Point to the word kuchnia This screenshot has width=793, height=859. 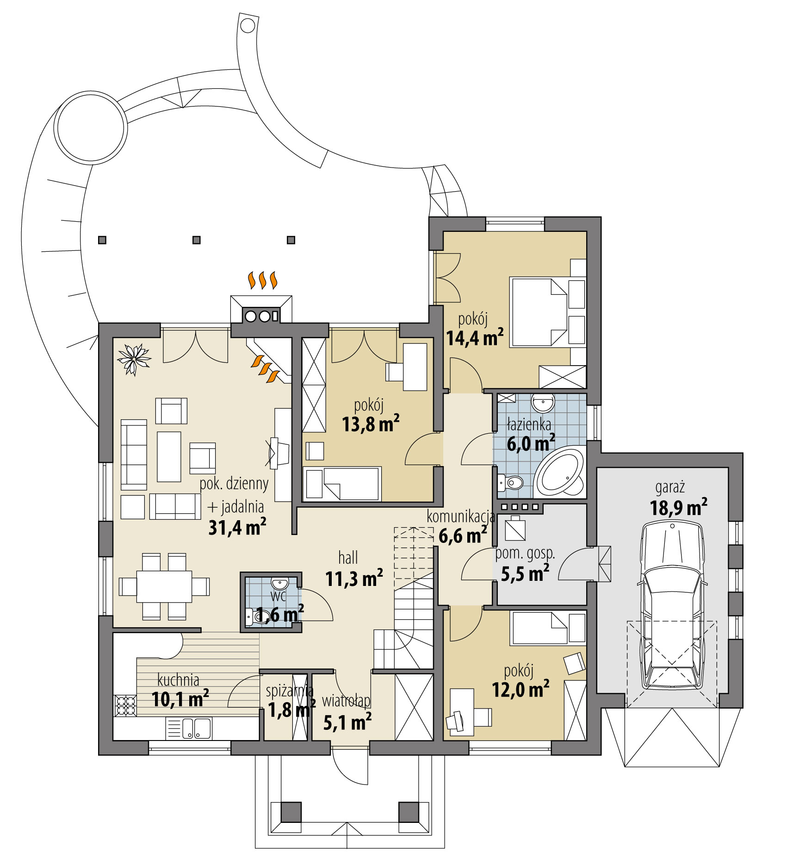click(x=178, y=680)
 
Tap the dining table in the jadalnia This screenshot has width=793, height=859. click(x=164, y=586)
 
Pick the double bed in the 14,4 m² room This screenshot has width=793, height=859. click(x=539, y=311)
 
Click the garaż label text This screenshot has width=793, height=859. click(x=669, y=487)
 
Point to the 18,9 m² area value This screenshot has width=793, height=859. click(x=678, y=508)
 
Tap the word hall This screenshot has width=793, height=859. click(x=348, y=558)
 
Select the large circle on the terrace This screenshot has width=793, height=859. click(x=90, y=126)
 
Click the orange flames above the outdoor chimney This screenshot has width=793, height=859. click(x=262, y=280)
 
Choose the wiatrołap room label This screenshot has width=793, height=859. click(x=346, y=701)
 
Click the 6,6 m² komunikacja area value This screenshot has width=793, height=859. click(x=462, y=536)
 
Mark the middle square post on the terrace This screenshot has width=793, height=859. click(x=197, y=240)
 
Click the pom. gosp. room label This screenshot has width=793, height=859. click(x=525, y=554)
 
